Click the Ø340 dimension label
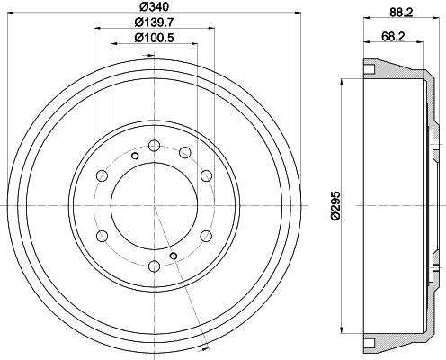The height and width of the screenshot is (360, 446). (x=155, y=6)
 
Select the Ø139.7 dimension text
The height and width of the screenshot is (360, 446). (x=155, y=22)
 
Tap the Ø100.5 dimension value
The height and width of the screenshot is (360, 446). (x=155, y=38)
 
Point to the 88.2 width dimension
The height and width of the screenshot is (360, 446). (x=401, y=13)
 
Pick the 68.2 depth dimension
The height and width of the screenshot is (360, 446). (x=393, y=37)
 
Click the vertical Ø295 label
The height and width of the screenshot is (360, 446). (x=336, y=206)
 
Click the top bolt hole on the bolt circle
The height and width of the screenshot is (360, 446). (x=154, y=146)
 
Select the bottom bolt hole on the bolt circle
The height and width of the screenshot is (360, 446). (x=154, y=265)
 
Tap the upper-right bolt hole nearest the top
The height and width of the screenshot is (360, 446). (x=185, y=152)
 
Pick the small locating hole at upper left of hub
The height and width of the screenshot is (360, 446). (x=135, y=156)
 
